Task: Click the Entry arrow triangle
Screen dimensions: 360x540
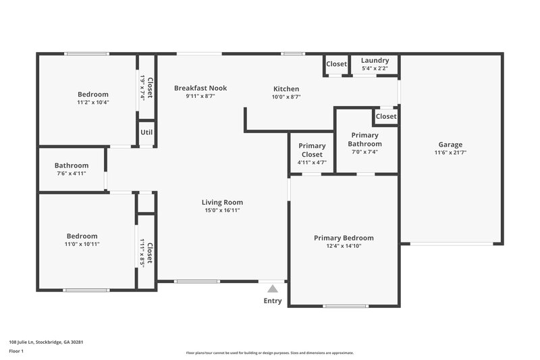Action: click(273, 288)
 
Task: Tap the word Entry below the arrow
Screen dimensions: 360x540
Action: click(273, 301)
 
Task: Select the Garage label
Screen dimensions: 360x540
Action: click(450, 145)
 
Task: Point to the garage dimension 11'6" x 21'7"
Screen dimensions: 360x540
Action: click(450, 153)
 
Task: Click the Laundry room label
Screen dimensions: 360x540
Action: click(375, 61)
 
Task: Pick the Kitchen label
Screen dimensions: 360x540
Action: click(286, 89)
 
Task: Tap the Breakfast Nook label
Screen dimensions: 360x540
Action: click(200, 88)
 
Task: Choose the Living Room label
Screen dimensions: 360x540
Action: click(222, 202)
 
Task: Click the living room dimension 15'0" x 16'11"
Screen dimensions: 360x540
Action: click(222, 211)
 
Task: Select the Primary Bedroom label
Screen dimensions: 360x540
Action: click(344, 238)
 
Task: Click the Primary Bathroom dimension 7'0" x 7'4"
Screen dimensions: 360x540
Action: click(365, 152)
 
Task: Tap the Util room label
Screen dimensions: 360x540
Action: click(147, 132)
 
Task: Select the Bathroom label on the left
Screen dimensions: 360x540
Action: click(72, 165)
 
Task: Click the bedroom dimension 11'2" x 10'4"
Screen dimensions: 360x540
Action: click(93, 103)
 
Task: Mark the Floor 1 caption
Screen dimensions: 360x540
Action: click(17, 351)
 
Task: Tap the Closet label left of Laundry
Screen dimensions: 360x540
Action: click(336, 64)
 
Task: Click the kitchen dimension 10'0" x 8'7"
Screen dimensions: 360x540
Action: click(286, 97)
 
